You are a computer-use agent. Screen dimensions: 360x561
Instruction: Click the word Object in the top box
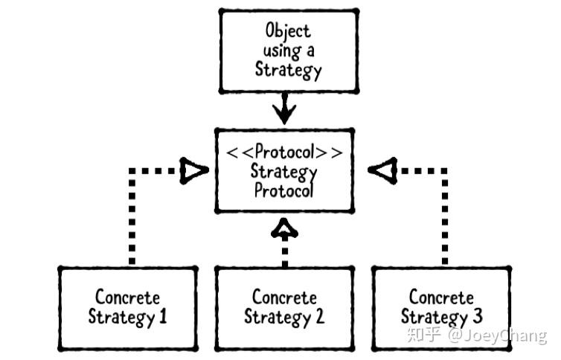pyautogui.click(x=288, y=31)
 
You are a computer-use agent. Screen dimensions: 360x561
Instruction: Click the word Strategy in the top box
pyautogui.click(x=289, y=70)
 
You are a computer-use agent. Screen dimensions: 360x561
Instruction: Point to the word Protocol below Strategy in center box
pyautogui.click(x=285, y=190)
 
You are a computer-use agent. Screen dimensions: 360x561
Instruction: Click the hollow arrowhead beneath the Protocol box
pyautogui.click(x=284, y=228)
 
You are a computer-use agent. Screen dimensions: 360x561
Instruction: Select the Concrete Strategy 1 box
pyautogui.click(x=128, y=307)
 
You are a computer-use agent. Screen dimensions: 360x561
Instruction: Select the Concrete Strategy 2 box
pyautogui.click(x=284, y=307)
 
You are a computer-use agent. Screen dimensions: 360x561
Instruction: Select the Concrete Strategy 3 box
pyautogui.click(x=441, y=307)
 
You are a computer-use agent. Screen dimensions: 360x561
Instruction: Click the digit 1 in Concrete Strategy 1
pyautogui.click(x=162, y=317)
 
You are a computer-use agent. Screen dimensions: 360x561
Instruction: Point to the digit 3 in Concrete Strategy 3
pyautogui.click(x=476, y=317)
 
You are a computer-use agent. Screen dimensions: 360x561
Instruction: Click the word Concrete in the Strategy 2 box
pyautogui.click(x=284, y=298)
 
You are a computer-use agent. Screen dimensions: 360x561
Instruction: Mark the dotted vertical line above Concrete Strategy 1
pyautogui.click(x=132, y=219)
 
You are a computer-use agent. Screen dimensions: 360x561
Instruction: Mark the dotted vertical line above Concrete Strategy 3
pyautogui.click(x=445, y=219)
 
